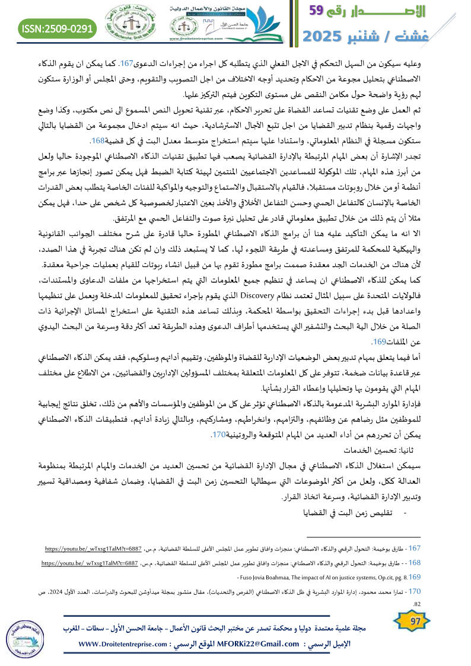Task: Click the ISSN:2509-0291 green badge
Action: (58, 28)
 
